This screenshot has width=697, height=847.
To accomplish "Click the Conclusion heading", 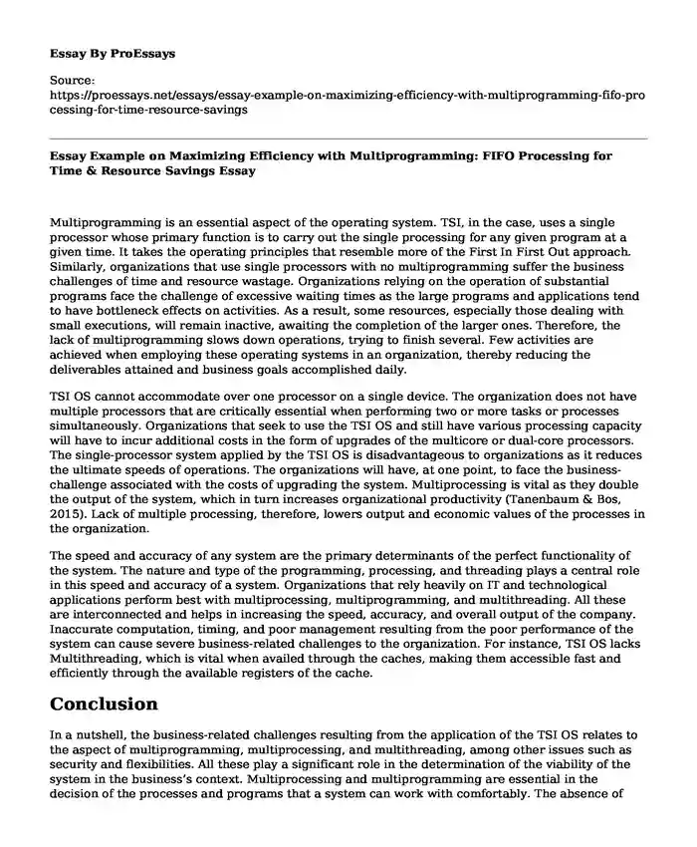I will click(104, 704).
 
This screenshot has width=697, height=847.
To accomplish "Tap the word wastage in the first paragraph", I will click(296, 270).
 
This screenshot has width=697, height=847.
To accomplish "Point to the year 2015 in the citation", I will click(64, 512).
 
